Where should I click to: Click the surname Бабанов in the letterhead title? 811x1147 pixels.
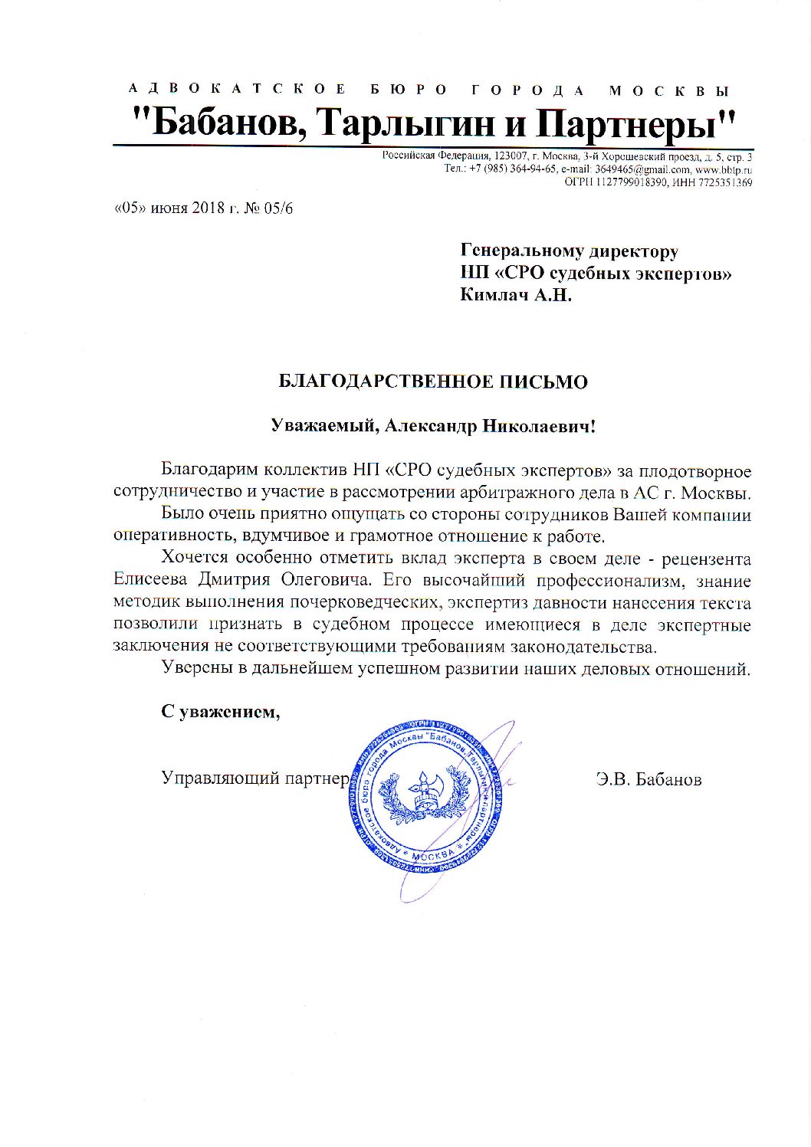(x=229, y=123)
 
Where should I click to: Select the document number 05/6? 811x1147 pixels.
(x=279, y=208)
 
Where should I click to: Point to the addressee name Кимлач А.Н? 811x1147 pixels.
(x=516, y=294)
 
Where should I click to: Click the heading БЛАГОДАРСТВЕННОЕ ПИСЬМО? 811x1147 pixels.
(x=433, y=382)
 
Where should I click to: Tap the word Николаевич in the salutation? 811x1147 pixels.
(x=537, y=426)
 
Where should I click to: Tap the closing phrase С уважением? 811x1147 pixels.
(x=221, y=712)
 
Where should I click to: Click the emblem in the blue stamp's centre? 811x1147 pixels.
(x=423, y=791)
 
